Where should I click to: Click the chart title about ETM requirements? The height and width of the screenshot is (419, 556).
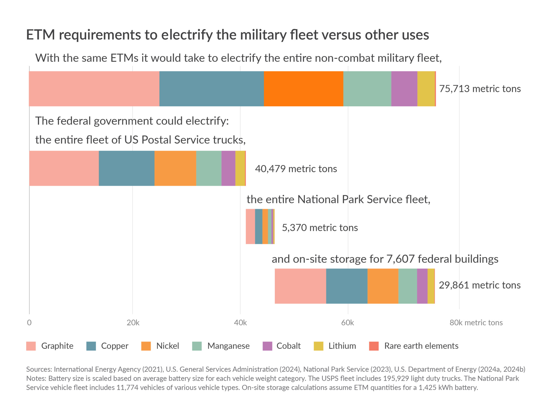tap(227, 35)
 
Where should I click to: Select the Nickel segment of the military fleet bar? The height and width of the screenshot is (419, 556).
tap(303, 88)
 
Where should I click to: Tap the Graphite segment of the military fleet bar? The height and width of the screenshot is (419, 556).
tap(94, 88)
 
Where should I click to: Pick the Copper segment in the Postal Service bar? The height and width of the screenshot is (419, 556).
tap(126, 168)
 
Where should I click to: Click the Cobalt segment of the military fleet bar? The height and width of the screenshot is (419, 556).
tap(404, 88)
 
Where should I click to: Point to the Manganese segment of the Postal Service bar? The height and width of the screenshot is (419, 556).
tap(209, 168)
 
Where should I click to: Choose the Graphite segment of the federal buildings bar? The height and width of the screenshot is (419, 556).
tap(300, 286)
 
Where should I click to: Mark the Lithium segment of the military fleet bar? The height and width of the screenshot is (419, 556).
tap(426, 88)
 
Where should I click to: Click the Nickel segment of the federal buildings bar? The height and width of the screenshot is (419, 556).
tap(383, 286)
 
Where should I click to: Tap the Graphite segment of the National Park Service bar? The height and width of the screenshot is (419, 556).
tap(250, 226)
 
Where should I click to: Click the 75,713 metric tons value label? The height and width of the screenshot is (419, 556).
tap(480, 89)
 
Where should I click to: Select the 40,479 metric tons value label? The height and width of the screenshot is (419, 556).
tap(296, 169)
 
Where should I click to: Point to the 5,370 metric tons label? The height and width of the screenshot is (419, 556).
tap(320, 227)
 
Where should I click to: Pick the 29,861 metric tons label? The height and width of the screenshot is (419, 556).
tap(480, 285)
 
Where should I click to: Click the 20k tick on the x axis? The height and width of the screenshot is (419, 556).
tap(133, 323)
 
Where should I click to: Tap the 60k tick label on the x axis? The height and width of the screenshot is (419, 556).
tap(347, 323)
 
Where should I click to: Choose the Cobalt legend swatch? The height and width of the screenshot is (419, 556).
tap(267, 346)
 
